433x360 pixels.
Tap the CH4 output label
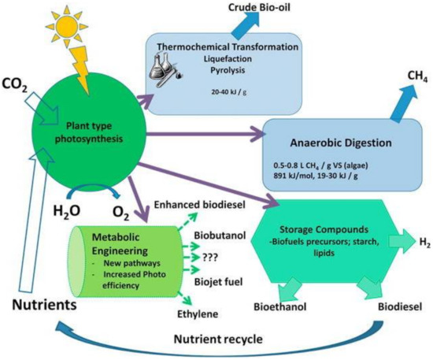pos(409,73)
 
